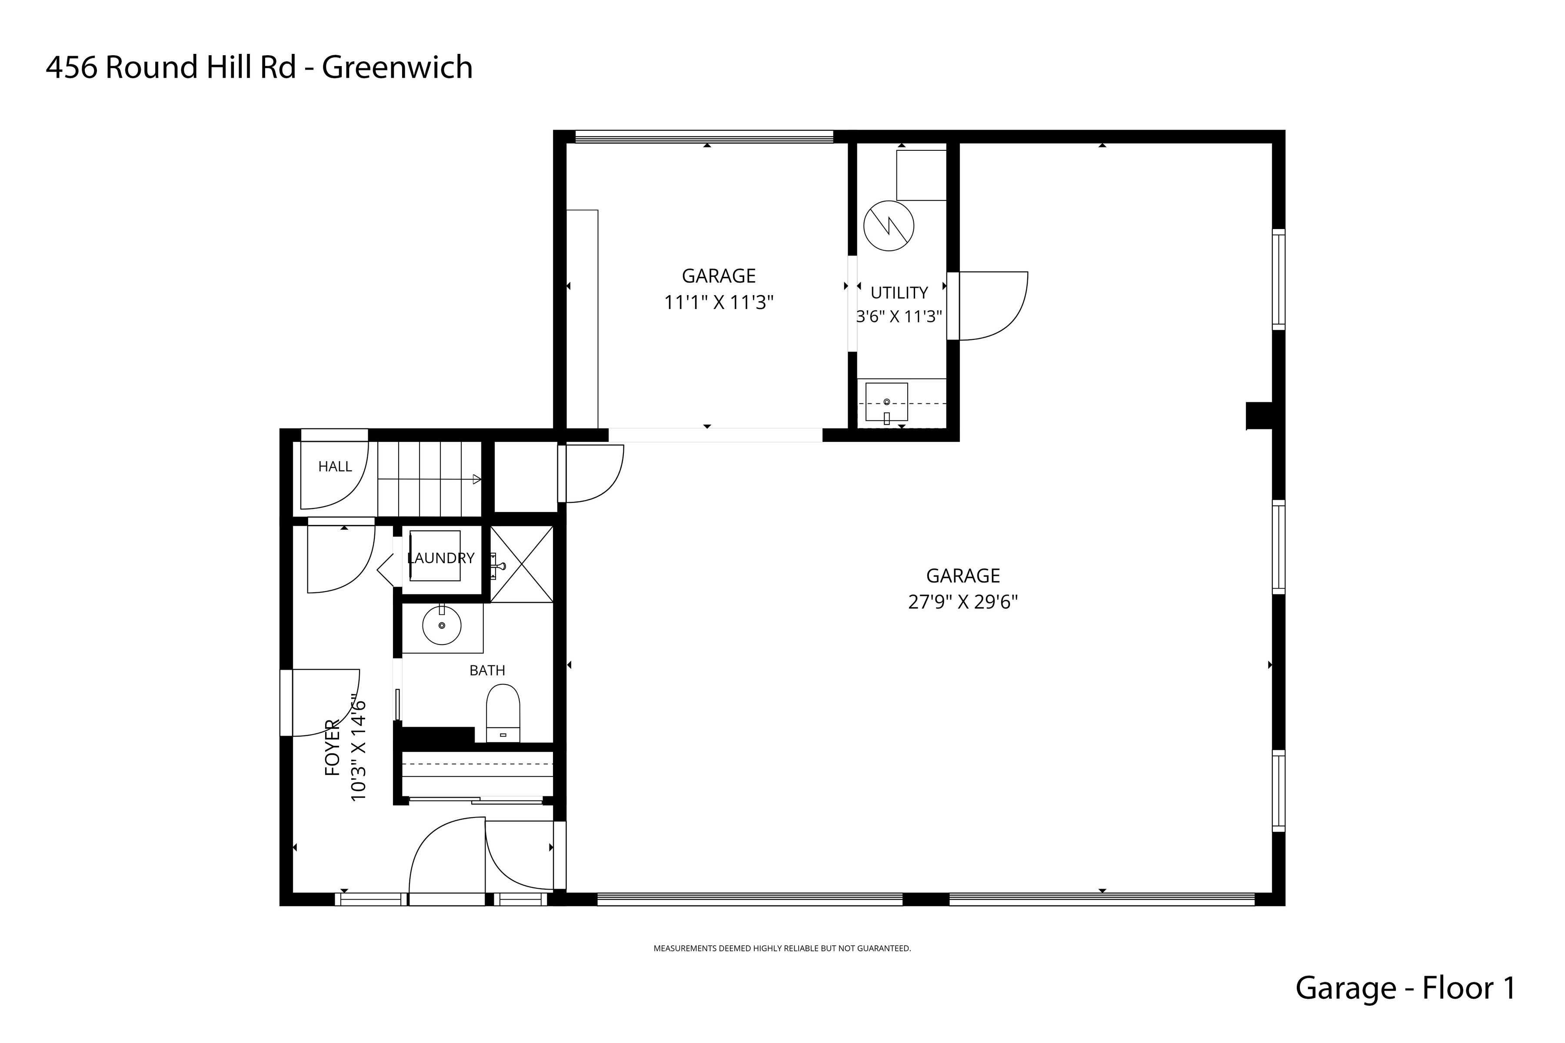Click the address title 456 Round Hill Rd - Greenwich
click(259, 67)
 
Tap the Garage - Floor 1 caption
click(1405, 988)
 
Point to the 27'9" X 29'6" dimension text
click(963, 602)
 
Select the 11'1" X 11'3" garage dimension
click(719, 302)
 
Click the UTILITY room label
click(899, 292)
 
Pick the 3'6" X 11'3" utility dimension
click(899, 317)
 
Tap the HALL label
click(335, 467)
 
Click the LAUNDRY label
click(440, 558)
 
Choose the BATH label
click(487, 671)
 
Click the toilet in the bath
click(503, 713)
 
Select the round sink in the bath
click(442, 625)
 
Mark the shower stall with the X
click(522, 564)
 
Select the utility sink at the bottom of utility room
click(886, 402)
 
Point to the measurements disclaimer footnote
click(782, 949)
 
